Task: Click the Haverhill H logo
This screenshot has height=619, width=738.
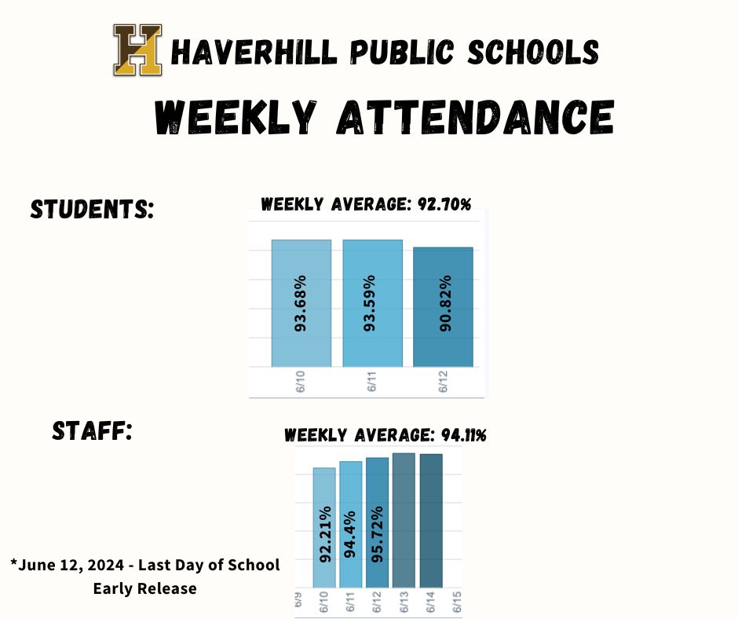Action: (137, 50)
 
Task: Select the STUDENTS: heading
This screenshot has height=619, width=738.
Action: (91, 210)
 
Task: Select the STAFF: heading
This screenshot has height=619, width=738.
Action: (91, 430)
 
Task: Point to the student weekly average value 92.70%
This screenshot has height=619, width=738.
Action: (439, 204)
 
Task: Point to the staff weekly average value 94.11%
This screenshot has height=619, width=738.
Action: (459, 434)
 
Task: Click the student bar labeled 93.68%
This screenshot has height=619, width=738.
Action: (301, 303)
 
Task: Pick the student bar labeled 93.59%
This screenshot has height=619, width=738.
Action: (372, 303)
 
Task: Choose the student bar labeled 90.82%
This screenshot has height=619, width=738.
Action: (443, 306)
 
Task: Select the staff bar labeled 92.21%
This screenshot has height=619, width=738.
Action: (324, 527)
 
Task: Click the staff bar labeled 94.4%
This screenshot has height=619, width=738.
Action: (351, 524)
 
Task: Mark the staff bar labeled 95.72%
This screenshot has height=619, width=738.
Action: (378, 522)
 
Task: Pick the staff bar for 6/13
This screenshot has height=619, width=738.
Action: (404, 520)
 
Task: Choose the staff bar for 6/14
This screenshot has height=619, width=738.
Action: (431, 520)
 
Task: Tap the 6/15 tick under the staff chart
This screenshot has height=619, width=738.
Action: (459, 603)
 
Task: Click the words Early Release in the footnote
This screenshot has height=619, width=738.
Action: (145, 588)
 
